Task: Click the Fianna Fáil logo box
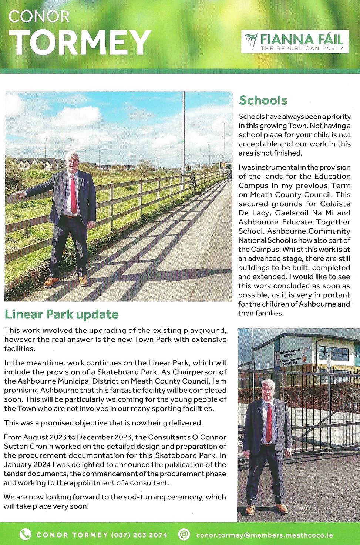click(295, 41)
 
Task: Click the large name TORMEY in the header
click(80, 42)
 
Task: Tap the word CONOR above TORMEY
click(39, 16)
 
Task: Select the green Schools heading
click(263, 100)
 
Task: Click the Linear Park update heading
click(61, 314)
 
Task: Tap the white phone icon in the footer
click(25, 534)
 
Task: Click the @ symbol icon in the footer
click(184, 534)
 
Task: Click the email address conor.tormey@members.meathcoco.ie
click(265, 535)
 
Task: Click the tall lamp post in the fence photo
click(183, 141)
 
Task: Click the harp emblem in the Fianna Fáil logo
click(251, 41)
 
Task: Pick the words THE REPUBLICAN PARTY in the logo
click(302, 49)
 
